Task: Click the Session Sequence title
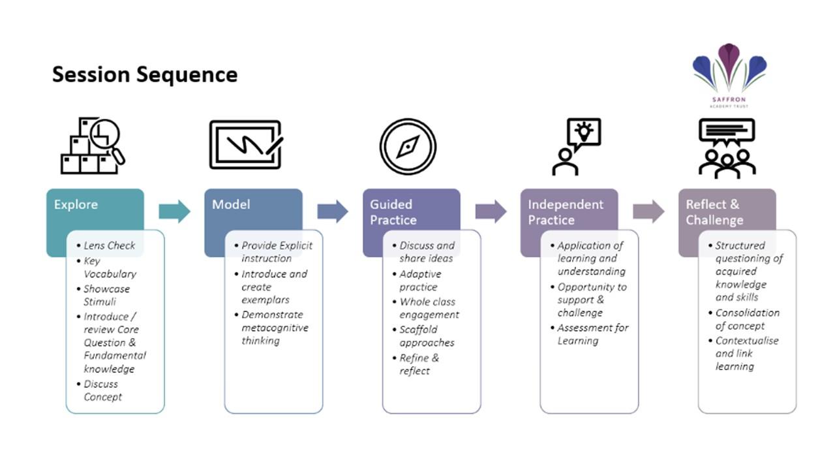(x=145, y=74)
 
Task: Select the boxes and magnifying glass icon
(x=93, y=146)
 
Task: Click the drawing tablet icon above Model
(x=246, y=144)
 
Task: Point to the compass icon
(x=408, y=147)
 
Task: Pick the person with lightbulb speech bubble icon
(x=576, y=147)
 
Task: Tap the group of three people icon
(x=727, y=148)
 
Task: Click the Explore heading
(x=76, y=204)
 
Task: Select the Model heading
(x=231, y=204)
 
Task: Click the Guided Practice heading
(x=393, y=212)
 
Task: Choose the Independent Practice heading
(x=566, y=212)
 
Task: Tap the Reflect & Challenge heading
(x=714, y=212)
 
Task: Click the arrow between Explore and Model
(x=174, y=211)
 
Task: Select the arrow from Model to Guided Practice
(x=333, y=211)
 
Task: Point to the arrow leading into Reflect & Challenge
(x=648, y=211)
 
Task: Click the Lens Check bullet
(x=106, y=245)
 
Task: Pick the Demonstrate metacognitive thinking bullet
(x=272, y=328)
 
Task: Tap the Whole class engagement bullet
(x=426, y=308)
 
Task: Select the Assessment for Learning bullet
(x=590, y=334)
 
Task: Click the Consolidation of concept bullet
(x=744, y=319)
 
